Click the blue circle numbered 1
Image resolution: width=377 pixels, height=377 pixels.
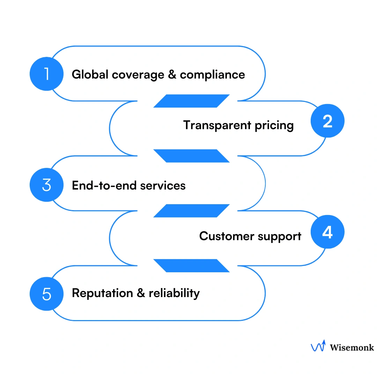pyautogui.click(x=47, y=74)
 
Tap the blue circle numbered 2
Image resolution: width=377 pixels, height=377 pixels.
pyautogui.click(x=327, y=121)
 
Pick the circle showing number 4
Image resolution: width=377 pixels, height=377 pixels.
pyautogui.click(x=327, y=232)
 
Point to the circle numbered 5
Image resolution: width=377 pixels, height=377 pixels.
pyautogui.click(x=47, y=294)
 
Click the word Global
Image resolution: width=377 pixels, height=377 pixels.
pyautogui.click(x=89, y=74)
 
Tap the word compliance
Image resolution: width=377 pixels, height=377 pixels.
pyautogui.click(x=212, y=75)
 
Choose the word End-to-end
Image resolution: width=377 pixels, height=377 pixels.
pyautogui.click(x=104, y=185)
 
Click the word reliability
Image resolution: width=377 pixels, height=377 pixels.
pyautogui.click(x=174, y=293)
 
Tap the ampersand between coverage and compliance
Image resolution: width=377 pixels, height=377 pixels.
pyautogui.click(x=172, y=74)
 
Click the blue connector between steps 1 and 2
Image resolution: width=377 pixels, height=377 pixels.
pyautogui.click(x=191, y=101)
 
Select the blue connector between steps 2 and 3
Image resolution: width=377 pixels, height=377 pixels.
pyautogui.click(x=191, y=156)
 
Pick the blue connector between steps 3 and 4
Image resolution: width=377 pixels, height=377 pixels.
pyautogui.click(x=191, y=211)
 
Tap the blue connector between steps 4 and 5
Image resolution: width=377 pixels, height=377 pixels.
pyautogui.click(x=191, y=266)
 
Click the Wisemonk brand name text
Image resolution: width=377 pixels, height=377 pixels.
pyautogui.click(x=352, y=347)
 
